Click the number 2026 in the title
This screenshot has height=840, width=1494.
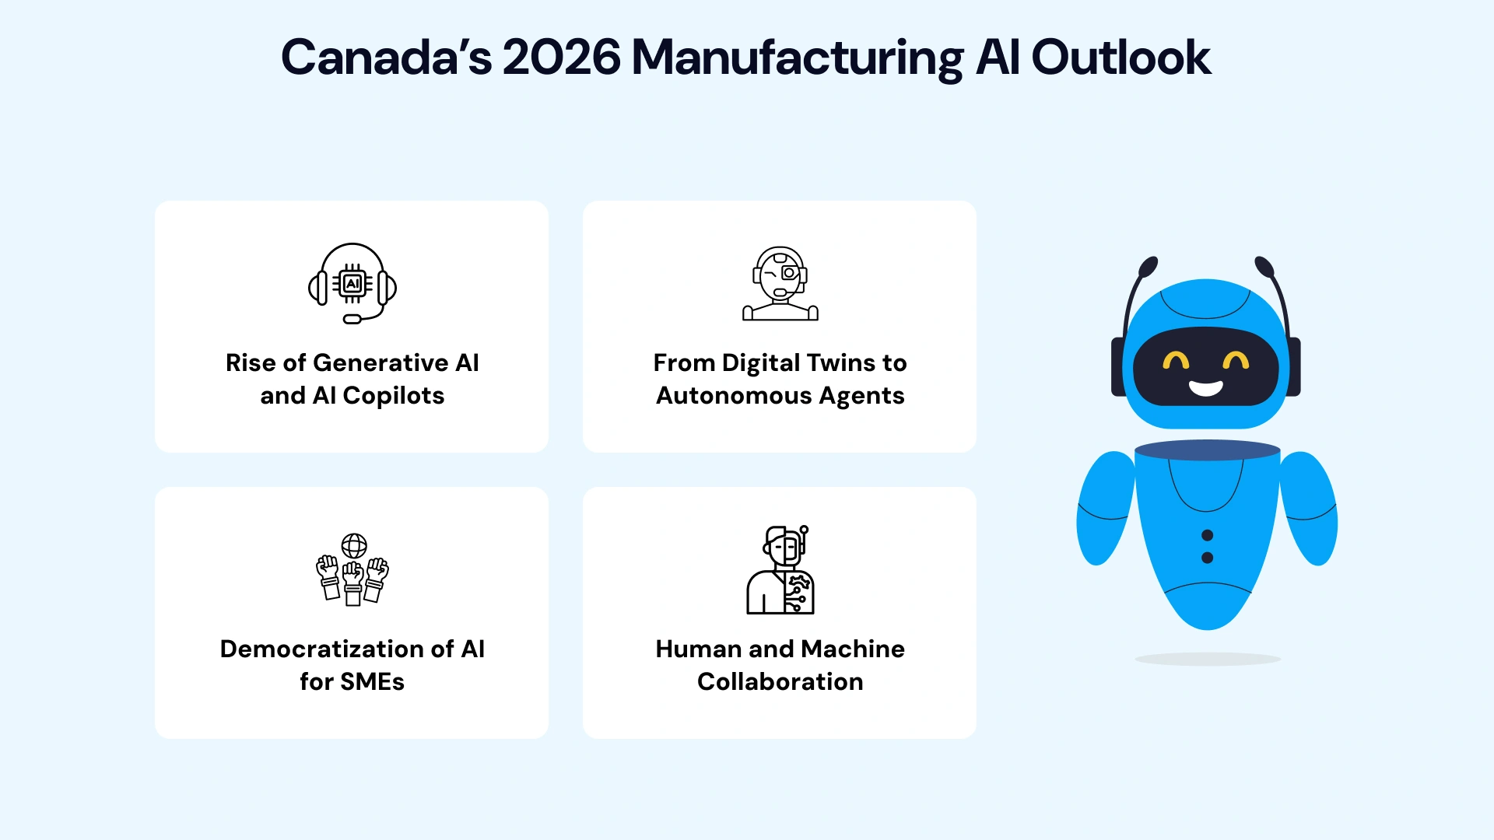point(561,58)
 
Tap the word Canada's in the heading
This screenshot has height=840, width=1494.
point(386,58)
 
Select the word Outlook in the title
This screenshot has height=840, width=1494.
point(1120,58)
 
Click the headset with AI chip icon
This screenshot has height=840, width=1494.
point(352,283)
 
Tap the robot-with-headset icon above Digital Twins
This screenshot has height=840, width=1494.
point(780,284)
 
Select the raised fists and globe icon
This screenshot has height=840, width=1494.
point(352,569)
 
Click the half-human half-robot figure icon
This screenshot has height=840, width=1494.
point(780,570)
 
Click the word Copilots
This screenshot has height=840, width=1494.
point(393,396)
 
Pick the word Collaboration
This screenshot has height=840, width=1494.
point(780,682)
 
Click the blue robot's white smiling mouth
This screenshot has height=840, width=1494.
point(1205,388)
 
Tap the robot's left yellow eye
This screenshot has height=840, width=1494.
point(1176,361)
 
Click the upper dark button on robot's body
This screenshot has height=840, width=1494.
point(1207,535)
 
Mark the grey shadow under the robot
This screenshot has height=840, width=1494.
point(1207,660)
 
